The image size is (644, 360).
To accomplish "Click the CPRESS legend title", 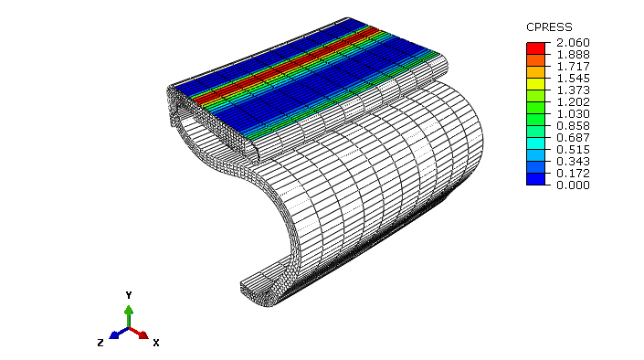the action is (549, 27).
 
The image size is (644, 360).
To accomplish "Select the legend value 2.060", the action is (573, 43).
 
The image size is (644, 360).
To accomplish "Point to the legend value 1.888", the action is (573, 55).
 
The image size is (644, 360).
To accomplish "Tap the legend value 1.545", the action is (573, 79).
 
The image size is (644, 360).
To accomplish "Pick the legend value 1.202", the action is (573, 102).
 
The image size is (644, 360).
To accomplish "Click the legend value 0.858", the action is (573, 126).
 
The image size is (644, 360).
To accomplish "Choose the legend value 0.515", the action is (573, 150).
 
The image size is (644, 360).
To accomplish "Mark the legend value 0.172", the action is (573, 174).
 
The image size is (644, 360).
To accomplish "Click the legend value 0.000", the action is (573, 185).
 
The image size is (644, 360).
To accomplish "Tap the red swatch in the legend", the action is (535, 48).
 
